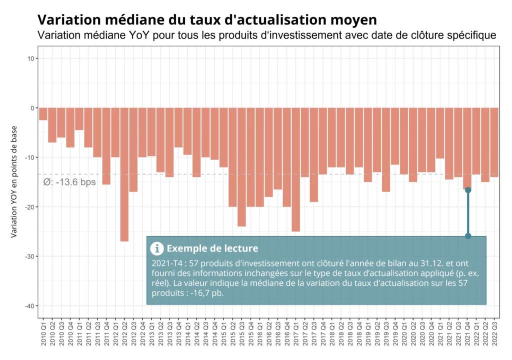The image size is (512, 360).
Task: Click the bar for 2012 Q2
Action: pyautogui.click(x=124, y=174)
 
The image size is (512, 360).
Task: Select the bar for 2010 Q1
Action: pyautogui.click(x=43, y=114)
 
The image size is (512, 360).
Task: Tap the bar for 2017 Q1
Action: pyautogui.click(x=296, y=169)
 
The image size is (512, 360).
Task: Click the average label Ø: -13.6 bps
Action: pyautogui.click(x=69, y=182)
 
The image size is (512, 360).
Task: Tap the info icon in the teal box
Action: pyautogui.click(x=157, y=248)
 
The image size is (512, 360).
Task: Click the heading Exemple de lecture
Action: pyautogui.click(x=212, y=248)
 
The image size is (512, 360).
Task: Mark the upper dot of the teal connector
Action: pyautogui.click(x=468, y=190)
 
